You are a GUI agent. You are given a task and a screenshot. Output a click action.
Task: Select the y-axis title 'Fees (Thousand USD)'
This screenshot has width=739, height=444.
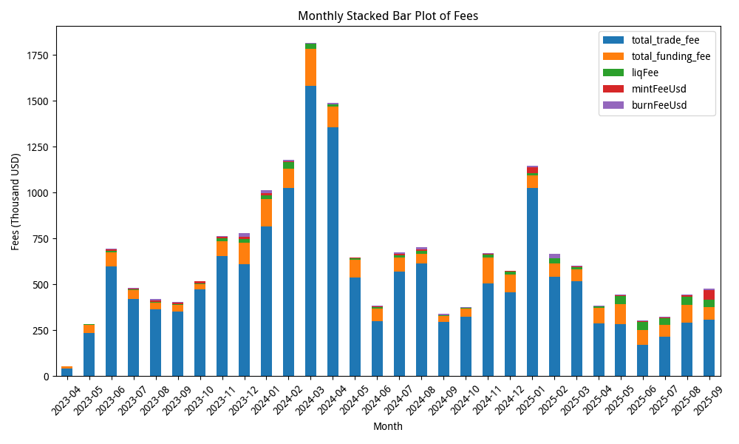pos(16,201)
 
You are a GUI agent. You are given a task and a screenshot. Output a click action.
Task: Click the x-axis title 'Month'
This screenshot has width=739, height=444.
pos(387,427)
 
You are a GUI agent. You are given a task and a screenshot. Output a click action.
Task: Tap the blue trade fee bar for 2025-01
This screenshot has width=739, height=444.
pos(532,282)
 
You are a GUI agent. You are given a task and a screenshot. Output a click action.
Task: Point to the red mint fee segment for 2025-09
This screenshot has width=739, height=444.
pos(709,295)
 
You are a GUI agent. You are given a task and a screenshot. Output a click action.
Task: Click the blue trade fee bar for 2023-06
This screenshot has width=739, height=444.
pos(111,321)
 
